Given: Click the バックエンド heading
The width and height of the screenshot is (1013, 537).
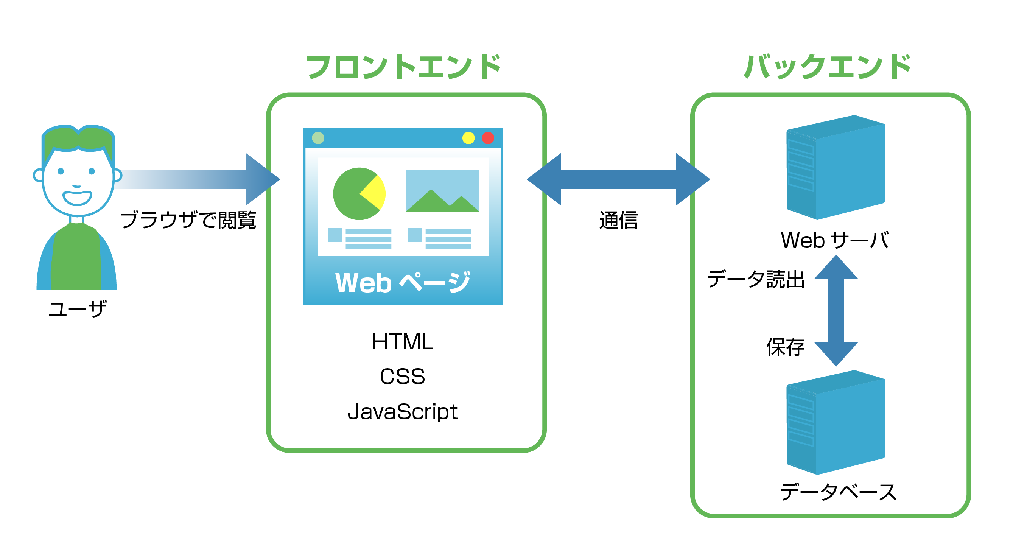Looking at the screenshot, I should tap(828, 67).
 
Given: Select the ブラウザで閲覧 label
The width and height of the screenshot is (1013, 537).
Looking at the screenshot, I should tap(188, 219).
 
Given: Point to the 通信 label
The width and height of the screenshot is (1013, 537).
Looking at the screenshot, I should tap(618, 220).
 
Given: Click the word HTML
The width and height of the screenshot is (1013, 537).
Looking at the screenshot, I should tap(402, 341).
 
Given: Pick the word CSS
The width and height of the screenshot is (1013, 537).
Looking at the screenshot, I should tap(402, 377).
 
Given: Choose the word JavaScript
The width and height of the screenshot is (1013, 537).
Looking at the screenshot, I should tap(402, 412).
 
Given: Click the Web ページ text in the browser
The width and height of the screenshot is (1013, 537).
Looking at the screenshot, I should tap(402, 282).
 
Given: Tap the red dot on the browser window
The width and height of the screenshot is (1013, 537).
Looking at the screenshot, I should tap(488, 138).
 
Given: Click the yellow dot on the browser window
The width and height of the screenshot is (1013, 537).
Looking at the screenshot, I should tap(468, 138).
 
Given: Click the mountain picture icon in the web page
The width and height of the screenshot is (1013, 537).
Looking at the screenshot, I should tap(442, 191).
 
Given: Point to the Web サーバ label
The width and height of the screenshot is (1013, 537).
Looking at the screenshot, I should tap(834, 240).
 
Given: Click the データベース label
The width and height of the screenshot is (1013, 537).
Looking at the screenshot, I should tap(839, 492).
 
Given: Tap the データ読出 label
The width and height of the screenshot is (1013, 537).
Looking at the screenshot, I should tap(755, 279).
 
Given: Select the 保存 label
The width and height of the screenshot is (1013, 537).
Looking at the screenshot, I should tap(785, 347).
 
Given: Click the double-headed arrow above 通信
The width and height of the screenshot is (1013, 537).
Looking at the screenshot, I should tap(618, 179).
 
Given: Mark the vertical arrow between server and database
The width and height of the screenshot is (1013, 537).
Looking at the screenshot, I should tap(836, 311).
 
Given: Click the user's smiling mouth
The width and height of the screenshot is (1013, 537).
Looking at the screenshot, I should tap(78, 198).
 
